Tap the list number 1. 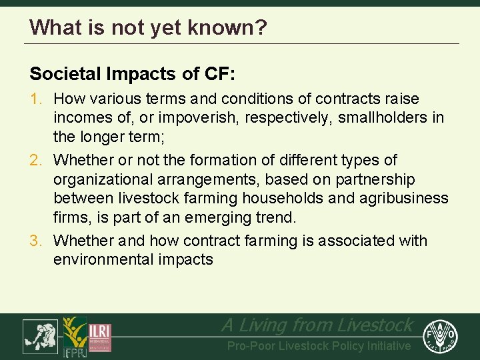(x=37, y=99)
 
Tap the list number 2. (x=37, y=161)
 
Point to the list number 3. (x=37, y=241)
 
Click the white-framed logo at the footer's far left (x=40, y=336)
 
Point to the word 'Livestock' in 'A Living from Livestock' (x=375, y=325)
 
